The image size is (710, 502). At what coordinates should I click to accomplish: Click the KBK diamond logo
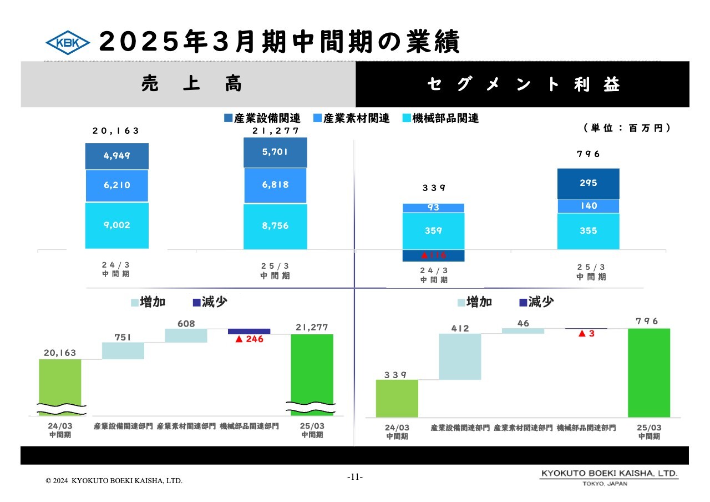point(67,42)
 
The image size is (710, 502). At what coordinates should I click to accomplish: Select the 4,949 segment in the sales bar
point(117,156)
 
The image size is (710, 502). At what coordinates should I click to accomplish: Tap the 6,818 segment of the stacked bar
point(276,185)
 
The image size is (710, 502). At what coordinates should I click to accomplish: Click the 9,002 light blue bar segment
point(117,225)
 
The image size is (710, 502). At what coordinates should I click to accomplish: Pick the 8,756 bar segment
point(276,227)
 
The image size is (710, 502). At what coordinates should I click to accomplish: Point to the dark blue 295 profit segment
point(588,183)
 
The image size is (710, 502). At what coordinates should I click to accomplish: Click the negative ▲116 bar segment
point(434,255)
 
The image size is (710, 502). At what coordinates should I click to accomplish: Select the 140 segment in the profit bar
point(588,206)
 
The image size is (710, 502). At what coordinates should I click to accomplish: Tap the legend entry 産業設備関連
point(262,118)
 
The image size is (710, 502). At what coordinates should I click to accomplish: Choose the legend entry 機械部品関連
point(440,118)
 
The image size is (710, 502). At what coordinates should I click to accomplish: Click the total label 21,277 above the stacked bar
point(276,131)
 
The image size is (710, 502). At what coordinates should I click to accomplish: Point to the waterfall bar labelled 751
point(123,350)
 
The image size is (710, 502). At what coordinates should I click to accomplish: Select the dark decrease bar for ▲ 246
point(249,332)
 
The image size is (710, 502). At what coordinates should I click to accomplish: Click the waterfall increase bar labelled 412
point(460,357)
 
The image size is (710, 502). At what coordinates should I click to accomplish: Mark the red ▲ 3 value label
point(586,334)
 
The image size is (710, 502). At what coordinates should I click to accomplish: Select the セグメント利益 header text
point(524,84)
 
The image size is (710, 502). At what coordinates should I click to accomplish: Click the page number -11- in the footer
point(354,477)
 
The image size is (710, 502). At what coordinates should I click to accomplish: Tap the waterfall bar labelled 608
point(186,335)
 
